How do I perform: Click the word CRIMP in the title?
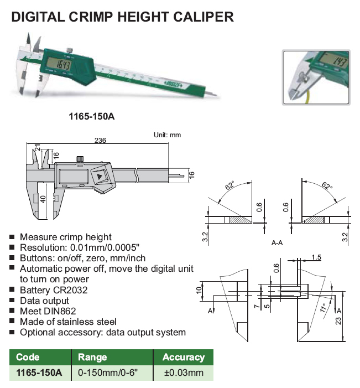tap(91, 17)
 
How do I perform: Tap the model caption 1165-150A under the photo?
tap(92, 116)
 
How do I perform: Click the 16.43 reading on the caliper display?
tap(64, 65)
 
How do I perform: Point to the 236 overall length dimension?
tap(100, 140)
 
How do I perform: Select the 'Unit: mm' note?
tap(167, 135)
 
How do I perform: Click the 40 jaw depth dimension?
tap(43, 199)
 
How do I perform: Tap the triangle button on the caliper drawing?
tap(100, 177)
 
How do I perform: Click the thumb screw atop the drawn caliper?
tap(80, 159)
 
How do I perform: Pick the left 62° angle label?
tap(230, 185)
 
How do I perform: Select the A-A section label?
tap(277, 243)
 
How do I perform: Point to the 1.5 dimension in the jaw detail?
tap(316, 257)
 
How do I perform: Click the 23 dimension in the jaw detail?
tap(338, 320)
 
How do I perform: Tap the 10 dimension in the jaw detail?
tap(199, 290)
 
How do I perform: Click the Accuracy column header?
tap(184, 357)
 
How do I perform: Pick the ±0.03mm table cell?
tap(184, 373)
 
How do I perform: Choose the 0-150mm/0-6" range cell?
tap(107, 373)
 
